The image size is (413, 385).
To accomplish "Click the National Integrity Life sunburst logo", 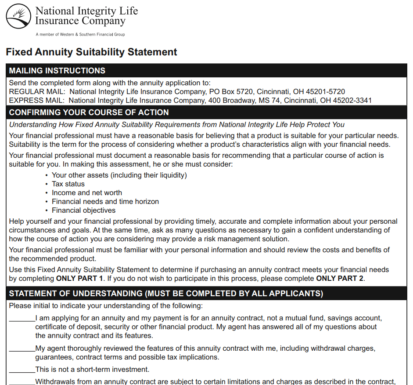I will click(18, 16).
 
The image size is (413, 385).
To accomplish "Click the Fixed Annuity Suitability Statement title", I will click(91, 52).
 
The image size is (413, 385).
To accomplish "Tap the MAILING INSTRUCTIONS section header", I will click(57, 71).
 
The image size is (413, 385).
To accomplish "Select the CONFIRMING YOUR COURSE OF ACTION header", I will click(89, 113).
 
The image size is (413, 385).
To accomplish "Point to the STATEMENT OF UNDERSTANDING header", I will click(166, 294).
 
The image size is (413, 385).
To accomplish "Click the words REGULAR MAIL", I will click(37, 92).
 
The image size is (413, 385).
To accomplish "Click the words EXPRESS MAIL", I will click(37, 101).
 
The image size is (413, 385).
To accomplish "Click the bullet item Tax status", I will click(68, 184).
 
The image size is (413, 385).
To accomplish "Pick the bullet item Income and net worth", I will click(87, 193).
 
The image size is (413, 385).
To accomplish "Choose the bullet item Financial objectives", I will click(83, 211).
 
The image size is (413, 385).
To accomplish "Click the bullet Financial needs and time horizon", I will click(105, 202).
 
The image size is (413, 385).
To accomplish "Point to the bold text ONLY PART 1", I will click(79, 279).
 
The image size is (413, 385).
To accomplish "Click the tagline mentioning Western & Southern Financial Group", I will click(80, 34).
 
